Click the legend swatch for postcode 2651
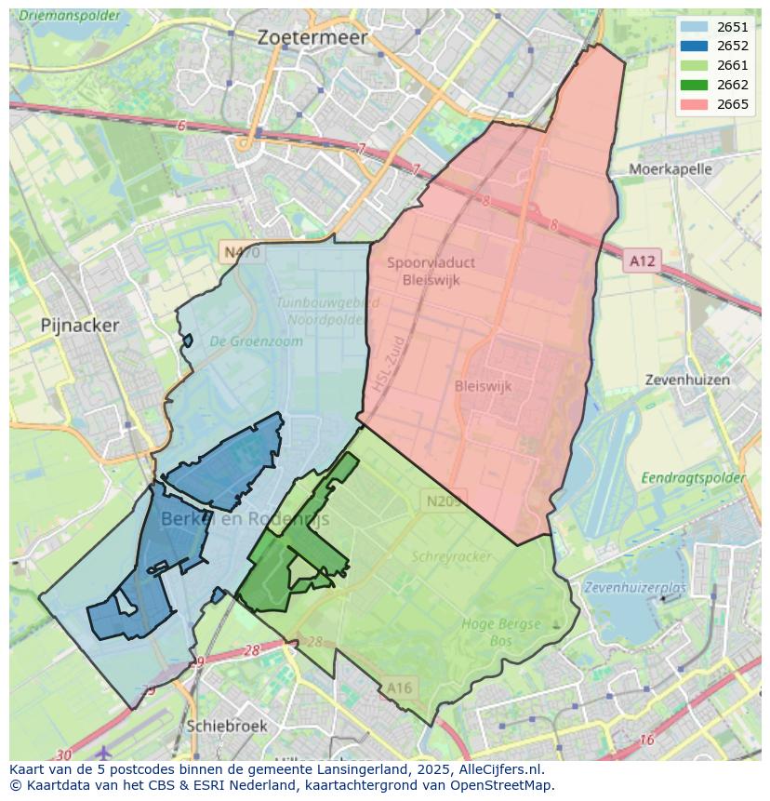pyautogui.click(x=693, y=27)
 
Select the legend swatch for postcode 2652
pyautogui.click(x=693, y=47)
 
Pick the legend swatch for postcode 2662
pyautogui.click(x=693, y=85)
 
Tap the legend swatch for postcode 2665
pyautogui.click(x=693, y=104)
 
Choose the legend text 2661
pyautogui.click(x=733, y=66)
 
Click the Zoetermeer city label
pyautogui.click(x=313, y=38)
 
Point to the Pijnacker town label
pyautogui.click(x=80, y=326)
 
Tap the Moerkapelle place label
pyautogui.click(x=670, y=169)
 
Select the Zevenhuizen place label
pyautogui.click(x=687, y=380)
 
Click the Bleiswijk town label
pyautogui.click(x=484, y=386)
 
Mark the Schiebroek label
pyautogui.click(x=227, y=726)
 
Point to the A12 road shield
pyautogui.click(x=642, y=261)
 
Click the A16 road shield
pyautogui.click(x=399, y=688)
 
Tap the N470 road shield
pyautogui.click(x=241, y=252)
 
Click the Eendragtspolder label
pyautogui.click(x=693, y=478)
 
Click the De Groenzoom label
pyautogui.click(x=256, y=341)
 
